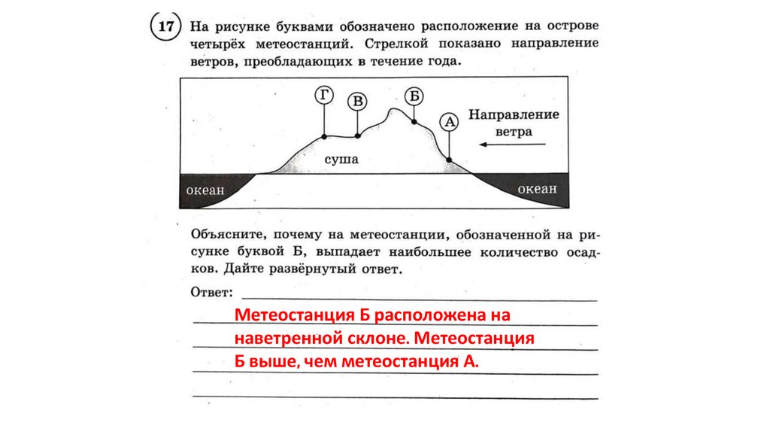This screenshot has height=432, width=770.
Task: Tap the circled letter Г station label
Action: (324, 96)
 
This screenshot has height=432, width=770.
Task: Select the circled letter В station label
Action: (358, 102)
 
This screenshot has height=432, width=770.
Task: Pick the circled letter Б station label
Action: (414, 96)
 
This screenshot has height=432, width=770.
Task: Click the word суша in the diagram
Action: (341, 160)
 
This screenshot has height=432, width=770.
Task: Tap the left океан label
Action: (205, 190)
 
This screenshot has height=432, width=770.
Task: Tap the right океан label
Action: (537, 189)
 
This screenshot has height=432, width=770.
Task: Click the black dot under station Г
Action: (324, 136)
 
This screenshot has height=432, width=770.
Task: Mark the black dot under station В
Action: (358, 135)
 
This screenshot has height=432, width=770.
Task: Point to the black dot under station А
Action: (449, 160)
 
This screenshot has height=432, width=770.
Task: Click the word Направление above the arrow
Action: (514, 115)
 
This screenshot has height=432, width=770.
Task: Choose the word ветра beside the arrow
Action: (513, 131)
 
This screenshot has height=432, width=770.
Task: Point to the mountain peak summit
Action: (391, 111)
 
